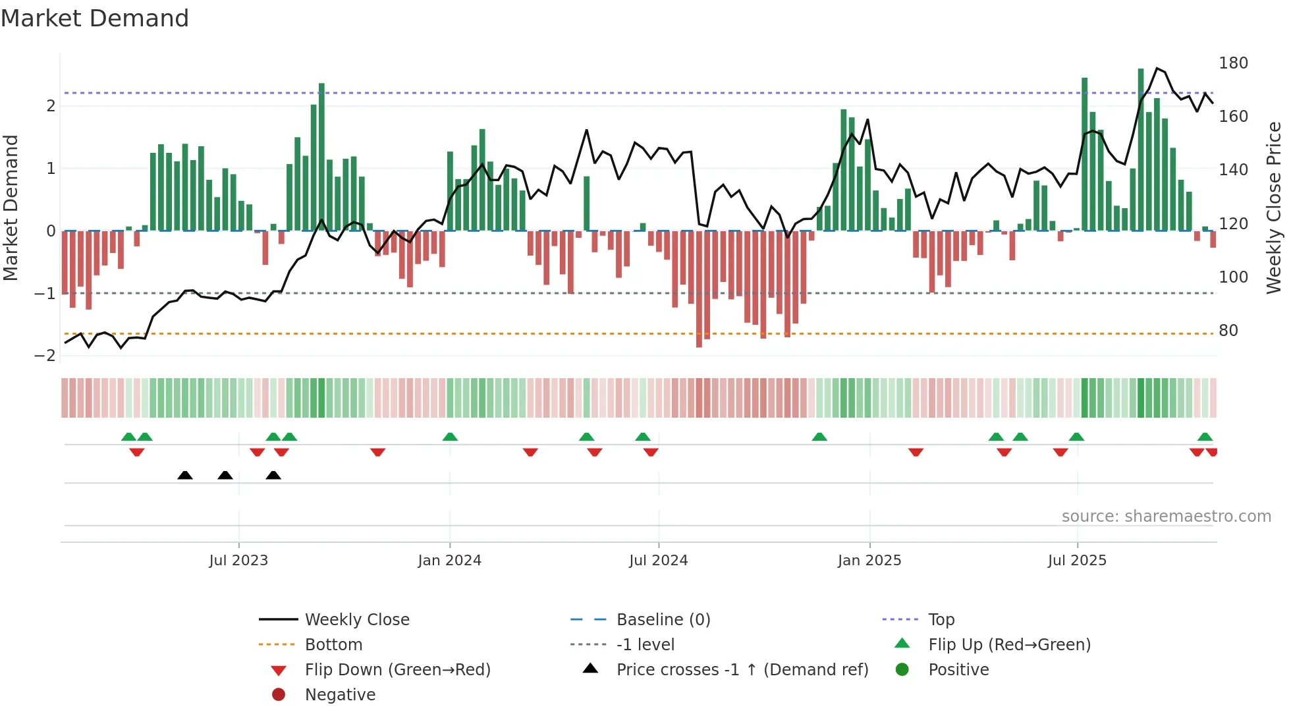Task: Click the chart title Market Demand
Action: [x=95, y=18]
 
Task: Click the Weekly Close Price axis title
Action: [x=1274, y=208]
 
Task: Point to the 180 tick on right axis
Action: [x=1233, y=63]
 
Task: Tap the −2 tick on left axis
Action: [x=45, y=356]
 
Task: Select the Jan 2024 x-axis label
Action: [x=449, y=561]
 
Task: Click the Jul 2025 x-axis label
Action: [x=1077, y=561]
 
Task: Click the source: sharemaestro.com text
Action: [x=1166, y=517]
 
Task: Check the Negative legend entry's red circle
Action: [x=279, y=695]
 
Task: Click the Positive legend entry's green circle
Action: [x=902, y=670]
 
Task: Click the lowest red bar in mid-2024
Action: [x=699, y=290]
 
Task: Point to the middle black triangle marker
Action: [x=225, y=475]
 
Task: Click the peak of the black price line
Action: [x=1157, y=69]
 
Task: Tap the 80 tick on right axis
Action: [x=1228, y=331]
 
